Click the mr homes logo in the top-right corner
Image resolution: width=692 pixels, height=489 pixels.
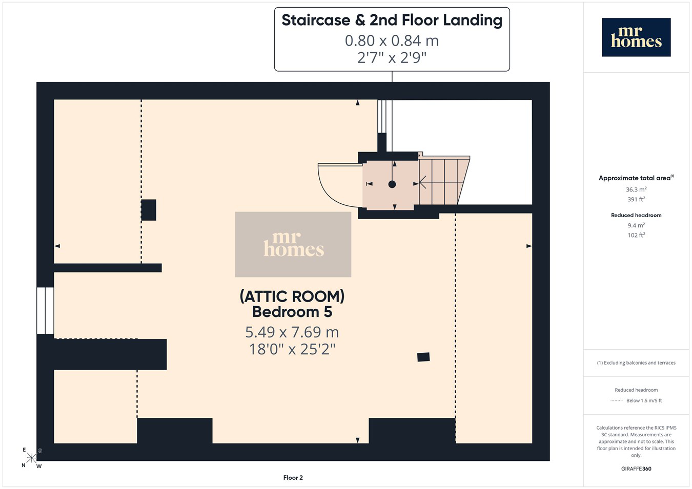(636, 37)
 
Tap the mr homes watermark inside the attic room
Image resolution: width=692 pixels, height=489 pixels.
(293, 244)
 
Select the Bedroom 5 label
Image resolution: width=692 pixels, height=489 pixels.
(292, 312)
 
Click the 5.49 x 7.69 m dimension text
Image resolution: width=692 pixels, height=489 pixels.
(292, 332)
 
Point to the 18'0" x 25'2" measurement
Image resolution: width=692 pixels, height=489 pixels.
(292, 349)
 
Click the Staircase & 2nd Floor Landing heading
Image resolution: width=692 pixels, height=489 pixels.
(392, 20)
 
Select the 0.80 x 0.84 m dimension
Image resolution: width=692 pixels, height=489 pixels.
(392, 41)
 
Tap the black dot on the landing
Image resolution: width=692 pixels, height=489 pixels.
(392, 184)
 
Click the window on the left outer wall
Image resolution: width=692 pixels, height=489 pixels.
(46, 310)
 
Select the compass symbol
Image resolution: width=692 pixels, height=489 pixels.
(31, 458)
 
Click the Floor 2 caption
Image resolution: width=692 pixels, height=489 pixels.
(293, 478)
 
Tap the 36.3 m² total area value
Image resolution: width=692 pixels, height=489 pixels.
(637, 189)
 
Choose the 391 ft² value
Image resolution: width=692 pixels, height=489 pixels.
(637, 199)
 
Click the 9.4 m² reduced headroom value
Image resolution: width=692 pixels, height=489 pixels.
(637, 225)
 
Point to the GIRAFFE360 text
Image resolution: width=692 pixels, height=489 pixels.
(637, 469)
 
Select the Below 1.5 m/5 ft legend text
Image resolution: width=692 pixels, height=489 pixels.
(644, 400)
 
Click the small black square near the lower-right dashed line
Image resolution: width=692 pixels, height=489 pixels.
(423, 357)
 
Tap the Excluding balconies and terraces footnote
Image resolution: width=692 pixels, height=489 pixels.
(637, 363)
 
